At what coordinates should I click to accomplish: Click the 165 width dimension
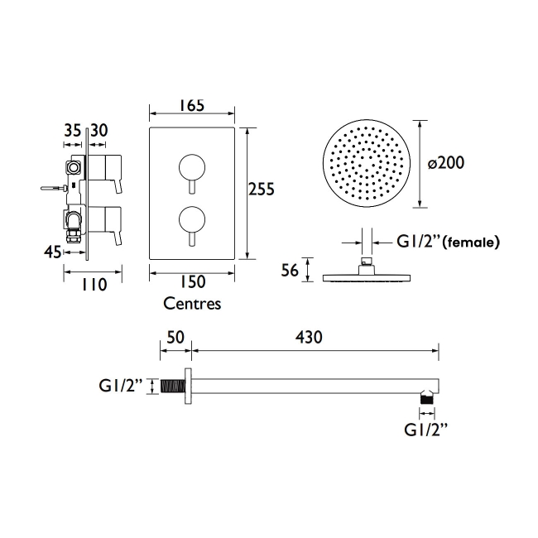(x=192, y=105)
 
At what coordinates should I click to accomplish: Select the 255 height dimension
(x=262, y=189)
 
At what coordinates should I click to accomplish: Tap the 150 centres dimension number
(x=193, y=282)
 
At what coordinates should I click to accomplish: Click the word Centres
(x=192, y=304)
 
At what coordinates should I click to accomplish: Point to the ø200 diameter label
(x=446, y=163)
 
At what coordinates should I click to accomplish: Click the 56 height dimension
(x=290, y=271)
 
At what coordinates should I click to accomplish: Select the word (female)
(x=471, y=243)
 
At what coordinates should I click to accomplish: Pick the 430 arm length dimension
(x=309, y=337)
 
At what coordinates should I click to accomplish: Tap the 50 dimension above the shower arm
(x=175, y=337)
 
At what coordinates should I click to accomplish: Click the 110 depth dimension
(x=94, y=285)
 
